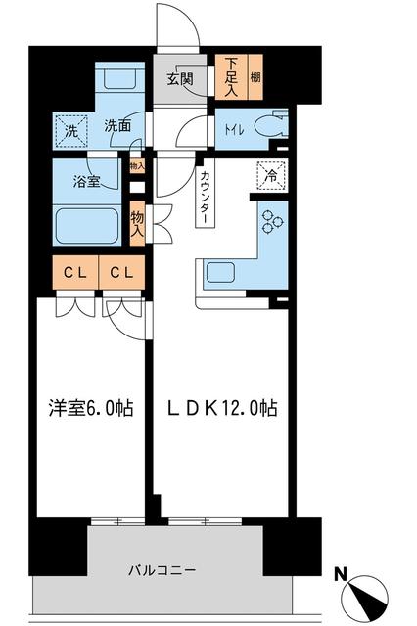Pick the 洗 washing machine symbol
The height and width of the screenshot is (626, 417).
coord(72,127)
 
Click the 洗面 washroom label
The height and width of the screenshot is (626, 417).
coord(118,126)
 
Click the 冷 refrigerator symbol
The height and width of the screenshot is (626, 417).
coord(266,177)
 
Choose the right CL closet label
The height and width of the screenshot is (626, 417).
coord(121,271)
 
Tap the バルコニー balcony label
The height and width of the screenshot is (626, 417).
coord(162,569)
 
